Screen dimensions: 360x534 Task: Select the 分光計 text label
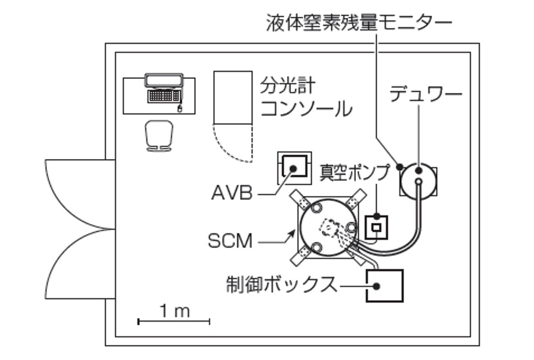[x=288, y=87]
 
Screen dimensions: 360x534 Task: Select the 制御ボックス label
[x=282, y=285]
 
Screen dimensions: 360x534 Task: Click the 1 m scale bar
[x=174, y=320]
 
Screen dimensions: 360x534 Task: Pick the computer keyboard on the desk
[x=163, y=96]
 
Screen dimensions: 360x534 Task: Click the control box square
[x=384, y=286]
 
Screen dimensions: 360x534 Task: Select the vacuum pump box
[x=376, y=226]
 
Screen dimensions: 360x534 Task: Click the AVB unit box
[x=294, y=168]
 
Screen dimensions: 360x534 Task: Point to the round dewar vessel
[x=418, y=179]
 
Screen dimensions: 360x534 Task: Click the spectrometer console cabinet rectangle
[x=233, y=98]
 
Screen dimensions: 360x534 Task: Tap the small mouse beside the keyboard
[x=179, y=108]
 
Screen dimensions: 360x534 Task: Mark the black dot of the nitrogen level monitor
[x=399, y=167]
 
